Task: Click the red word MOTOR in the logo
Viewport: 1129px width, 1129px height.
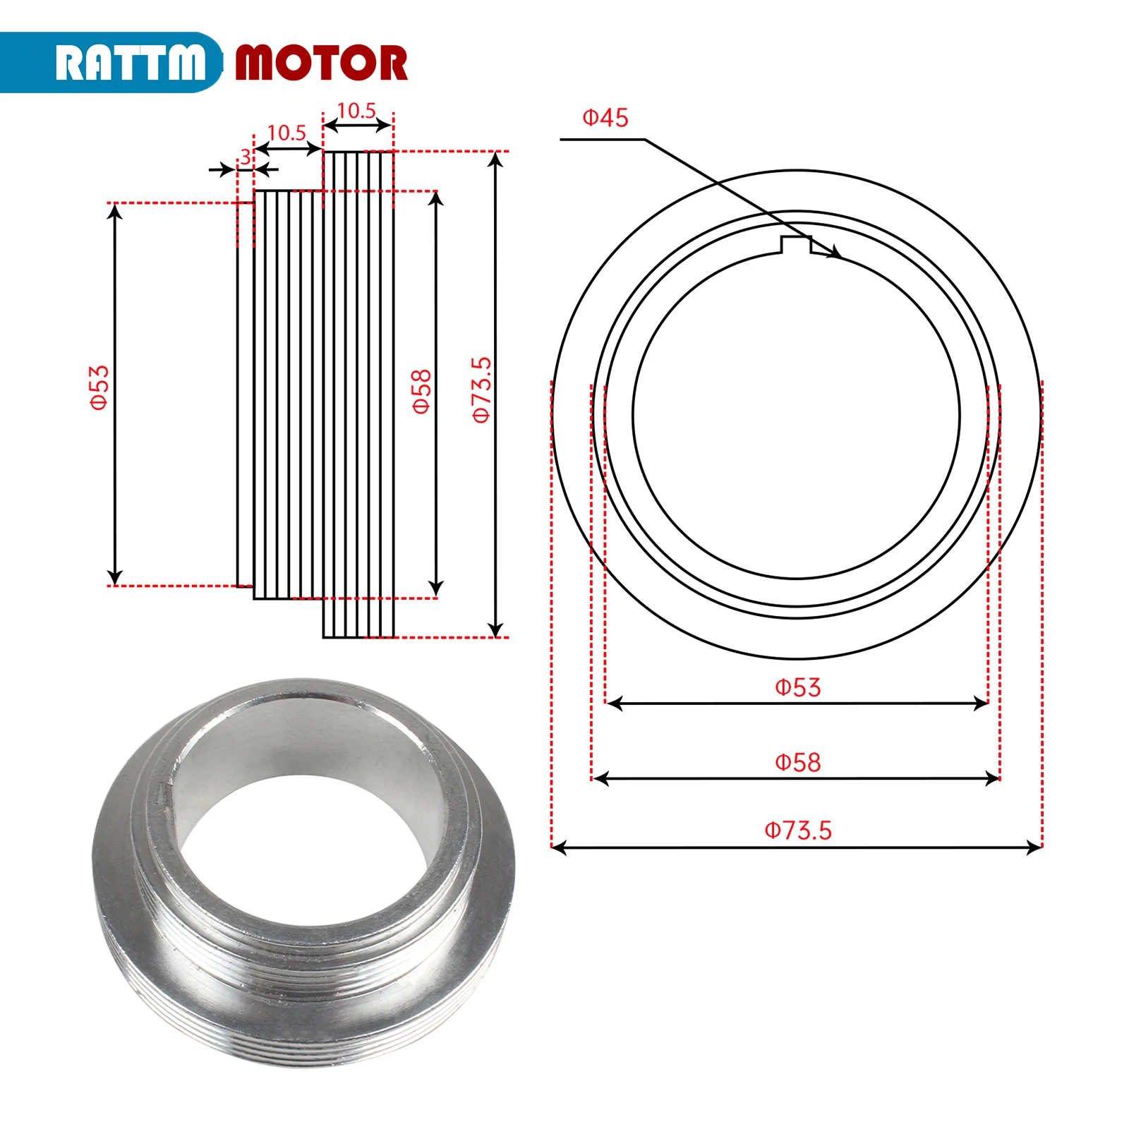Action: (321, 63)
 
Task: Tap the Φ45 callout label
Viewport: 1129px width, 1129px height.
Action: (605, 118)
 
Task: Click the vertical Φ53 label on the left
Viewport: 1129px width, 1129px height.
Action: (99, 387)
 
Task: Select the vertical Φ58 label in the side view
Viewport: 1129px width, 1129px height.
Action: (421, 391)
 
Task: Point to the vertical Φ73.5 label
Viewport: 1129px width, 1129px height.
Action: (481, 390)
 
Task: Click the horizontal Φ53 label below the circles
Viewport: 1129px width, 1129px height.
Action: (797, 687)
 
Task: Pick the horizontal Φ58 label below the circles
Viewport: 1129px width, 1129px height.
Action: (797, 762)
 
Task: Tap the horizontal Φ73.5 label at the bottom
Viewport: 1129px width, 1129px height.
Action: (797, 830)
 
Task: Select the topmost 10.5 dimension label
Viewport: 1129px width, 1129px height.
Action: (356, 111)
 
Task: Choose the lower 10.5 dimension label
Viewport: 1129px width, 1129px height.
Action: (286, 133)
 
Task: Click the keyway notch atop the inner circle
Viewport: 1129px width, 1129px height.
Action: (796, 244)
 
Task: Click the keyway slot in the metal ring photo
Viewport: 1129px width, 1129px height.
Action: (163, 793)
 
